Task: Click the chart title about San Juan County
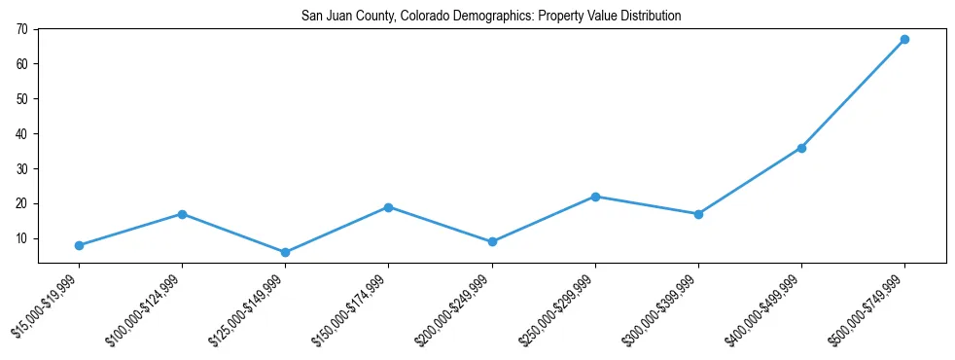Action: [x=491, y=17]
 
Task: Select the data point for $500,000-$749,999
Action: [x=904, y=40]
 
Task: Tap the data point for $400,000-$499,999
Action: [x=801, y=148]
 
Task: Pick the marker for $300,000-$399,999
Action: [x=698, y=214]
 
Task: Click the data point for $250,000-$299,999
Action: [x=595, y=197]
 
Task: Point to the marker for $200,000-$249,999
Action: [x=492, y=242]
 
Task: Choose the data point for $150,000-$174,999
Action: [x=388, y=207]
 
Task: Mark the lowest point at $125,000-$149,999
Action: [x=285, y=252]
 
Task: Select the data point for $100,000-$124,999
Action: [x=182, y=214]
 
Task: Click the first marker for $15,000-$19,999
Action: [x=79, y=245]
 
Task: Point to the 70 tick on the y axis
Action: [x=22, y=29]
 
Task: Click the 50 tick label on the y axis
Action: [x=22, y=99]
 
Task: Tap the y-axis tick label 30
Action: [x=22, y=169]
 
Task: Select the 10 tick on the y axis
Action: [x=22, y=238]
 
